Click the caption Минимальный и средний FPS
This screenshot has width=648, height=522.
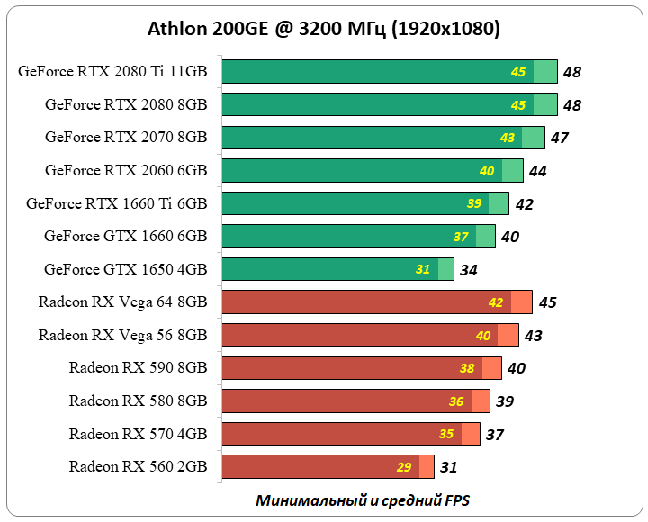[363, 499]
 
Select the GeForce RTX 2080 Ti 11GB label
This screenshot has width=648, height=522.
[112, 72]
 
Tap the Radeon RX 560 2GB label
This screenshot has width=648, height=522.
[138, 466]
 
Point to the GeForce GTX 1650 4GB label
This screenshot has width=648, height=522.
[125, 269]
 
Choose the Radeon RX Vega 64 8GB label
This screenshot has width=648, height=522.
[122, 301]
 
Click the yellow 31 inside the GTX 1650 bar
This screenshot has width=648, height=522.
[423, 269]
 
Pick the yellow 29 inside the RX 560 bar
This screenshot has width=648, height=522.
[403, 467]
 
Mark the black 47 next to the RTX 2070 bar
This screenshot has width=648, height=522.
[559, 138]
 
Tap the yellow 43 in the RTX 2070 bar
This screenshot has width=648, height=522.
[508, 138]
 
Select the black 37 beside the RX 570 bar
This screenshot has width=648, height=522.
[494, 434]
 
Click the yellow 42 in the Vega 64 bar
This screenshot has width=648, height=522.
[496, 302]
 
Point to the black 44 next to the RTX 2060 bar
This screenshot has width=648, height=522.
[537, 171]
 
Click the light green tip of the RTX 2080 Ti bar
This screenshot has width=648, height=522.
[545, 72]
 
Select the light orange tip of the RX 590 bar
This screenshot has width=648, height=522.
[491, 368]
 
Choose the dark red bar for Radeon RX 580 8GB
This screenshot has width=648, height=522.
[333, 400]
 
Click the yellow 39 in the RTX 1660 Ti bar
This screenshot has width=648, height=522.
[474, 203]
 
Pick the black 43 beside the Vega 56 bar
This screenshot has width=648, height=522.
[533, 335]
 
